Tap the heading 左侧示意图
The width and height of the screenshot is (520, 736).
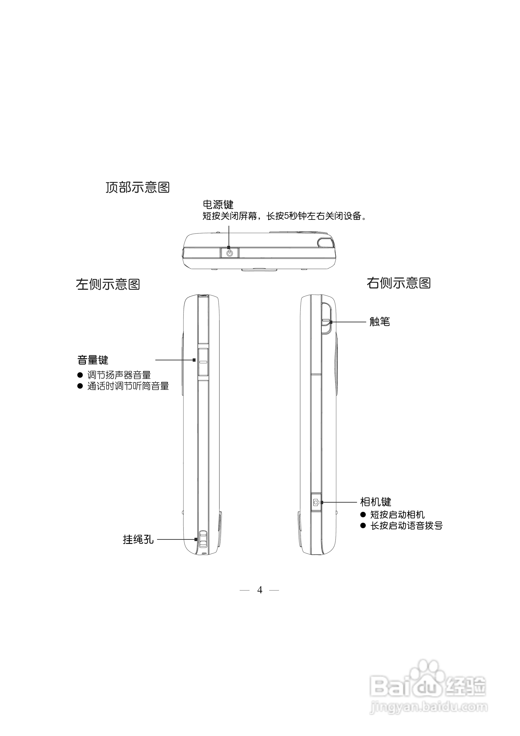(x=108, y=284)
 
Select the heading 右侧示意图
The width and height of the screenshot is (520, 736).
(x=399, y=283)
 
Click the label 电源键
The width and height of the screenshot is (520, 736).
(x=218, y=205)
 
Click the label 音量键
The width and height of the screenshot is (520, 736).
(x=93, y=360)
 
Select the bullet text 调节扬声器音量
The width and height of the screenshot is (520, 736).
(x=119, y=375)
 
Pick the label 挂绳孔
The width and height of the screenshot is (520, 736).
(x=138, y=540)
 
